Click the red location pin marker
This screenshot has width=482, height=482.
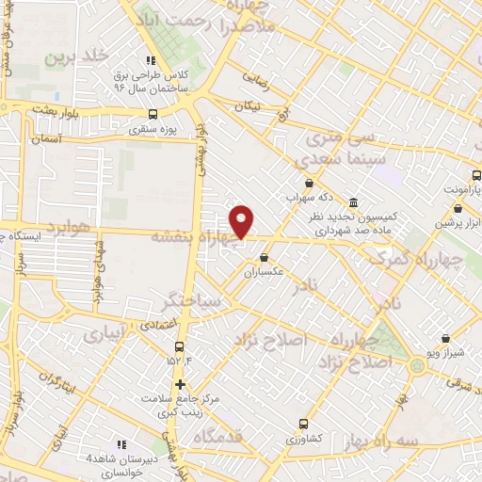coord(242,220)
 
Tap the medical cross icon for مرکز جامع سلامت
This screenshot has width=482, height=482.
coord(179,384)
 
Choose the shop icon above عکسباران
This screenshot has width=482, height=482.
coord(264,257)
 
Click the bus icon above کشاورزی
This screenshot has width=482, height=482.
coord(302,424)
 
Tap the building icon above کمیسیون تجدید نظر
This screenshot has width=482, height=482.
coord(353,202)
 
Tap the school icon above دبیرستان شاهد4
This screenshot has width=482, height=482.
coord(120,443)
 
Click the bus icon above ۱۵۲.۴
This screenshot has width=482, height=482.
coord(179,345)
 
